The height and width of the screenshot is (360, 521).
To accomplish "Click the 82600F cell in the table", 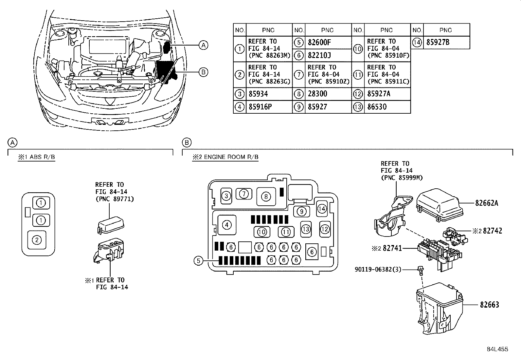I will pos(319,42).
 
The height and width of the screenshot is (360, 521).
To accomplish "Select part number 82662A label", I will pos(487,203).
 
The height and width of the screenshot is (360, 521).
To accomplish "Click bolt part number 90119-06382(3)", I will pos(378,270).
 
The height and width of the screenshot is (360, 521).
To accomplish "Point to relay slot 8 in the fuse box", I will pos(266,196).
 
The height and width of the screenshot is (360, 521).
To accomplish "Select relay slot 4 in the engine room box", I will pos(226,225).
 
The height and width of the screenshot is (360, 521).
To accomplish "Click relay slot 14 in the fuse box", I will pos(322,208).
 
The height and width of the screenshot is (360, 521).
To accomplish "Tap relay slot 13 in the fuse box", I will pos(306,229).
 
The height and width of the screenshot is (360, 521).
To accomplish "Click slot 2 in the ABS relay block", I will pos(37,240).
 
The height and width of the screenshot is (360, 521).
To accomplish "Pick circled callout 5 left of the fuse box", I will pos(198,261).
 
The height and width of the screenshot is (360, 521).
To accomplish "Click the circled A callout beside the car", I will pos(203,45).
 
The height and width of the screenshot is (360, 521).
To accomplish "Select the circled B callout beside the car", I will pos(203,72).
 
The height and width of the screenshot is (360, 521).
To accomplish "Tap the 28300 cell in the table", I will pos(317,94).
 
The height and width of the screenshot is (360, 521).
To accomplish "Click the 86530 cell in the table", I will pos(377,107).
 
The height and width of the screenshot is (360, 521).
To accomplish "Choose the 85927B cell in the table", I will pos(438,42).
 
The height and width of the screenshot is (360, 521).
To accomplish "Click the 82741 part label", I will pos(392,249).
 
